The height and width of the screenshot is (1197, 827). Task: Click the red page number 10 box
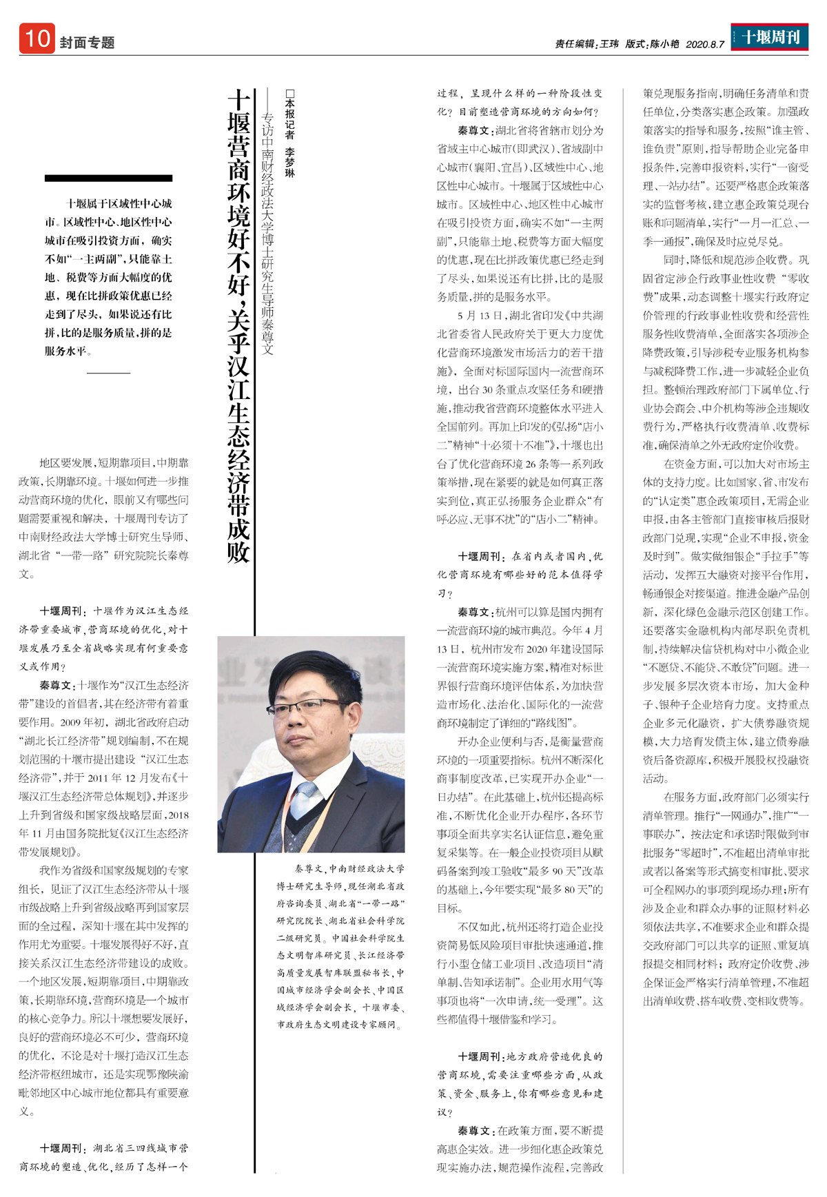[x=37, y=39]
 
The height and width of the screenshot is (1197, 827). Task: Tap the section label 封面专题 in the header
[x=87, y=43]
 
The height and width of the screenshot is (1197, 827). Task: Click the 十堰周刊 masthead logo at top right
[x=770, y=37]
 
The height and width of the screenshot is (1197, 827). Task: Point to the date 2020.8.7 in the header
[x=705, y=44]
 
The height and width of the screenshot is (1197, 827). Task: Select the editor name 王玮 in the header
[x=609, y=44]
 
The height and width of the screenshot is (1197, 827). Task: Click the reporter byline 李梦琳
[x=289, y=163]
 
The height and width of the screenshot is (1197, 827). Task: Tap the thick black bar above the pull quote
[x=108, y=178]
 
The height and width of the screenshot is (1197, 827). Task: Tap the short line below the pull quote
[x=108, y=373]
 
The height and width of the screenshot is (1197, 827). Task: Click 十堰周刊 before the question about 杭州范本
[x=480, y=556]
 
